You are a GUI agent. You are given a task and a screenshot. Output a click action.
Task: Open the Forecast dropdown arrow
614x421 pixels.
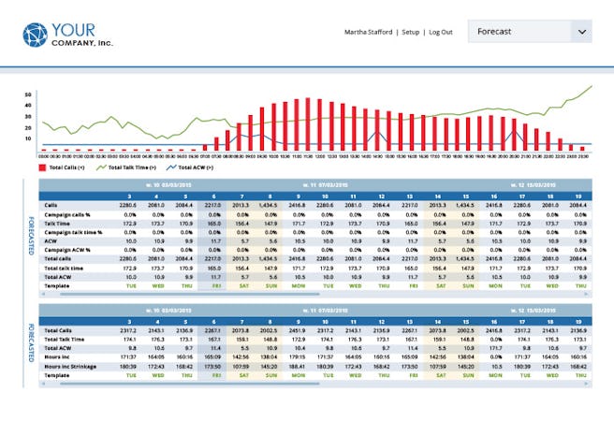point(582,32)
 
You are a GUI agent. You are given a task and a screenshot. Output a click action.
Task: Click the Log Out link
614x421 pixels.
point(440,32)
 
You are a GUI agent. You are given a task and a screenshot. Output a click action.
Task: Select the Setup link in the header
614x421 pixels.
point(410,32)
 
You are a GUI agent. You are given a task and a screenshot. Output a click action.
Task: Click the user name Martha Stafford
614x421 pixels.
point(372,32)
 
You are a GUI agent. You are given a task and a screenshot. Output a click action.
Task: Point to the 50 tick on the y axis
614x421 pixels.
point(28,94)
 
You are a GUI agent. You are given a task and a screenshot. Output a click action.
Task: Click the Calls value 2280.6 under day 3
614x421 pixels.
point(153,206)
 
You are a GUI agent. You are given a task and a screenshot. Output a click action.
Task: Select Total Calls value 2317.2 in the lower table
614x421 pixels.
point(153,331)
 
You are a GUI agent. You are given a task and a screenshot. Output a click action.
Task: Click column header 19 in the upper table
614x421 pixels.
point(581,196)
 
